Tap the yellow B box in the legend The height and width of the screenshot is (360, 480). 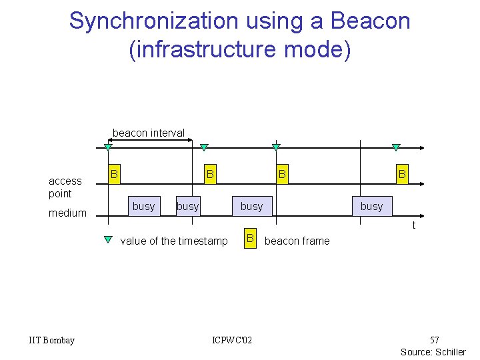pos(250,239)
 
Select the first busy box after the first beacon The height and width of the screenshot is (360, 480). pos(143,206)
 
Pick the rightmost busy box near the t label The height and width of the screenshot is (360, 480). pos(371,206)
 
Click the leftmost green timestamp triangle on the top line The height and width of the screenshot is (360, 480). pos(108,147)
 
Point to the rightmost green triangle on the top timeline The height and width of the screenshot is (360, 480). pos(395,147)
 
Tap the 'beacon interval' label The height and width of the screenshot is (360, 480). pos(149,133)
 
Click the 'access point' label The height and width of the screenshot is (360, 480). pos(65,187)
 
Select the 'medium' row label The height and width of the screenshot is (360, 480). pos(67,213)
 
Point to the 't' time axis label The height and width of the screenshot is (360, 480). pos(413,225)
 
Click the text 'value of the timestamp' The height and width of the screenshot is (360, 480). pos(173,241)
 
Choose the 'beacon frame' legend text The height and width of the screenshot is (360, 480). pos(297,241)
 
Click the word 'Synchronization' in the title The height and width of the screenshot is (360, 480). pos(153,21)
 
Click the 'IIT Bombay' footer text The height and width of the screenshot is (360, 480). pos(52,341)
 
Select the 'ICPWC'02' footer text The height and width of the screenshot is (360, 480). pos(232,341)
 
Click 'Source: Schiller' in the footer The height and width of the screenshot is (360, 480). pos(433,351)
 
